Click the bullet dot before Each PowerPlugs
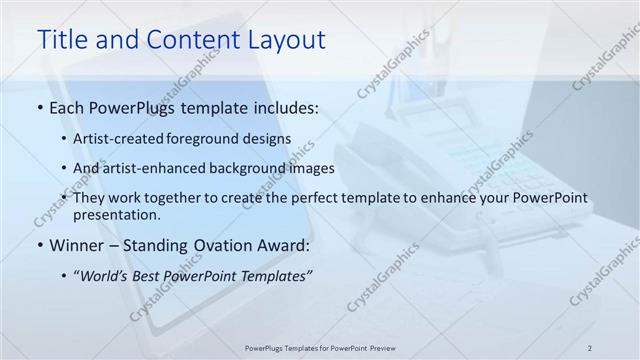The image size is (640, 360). [39, 108]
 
